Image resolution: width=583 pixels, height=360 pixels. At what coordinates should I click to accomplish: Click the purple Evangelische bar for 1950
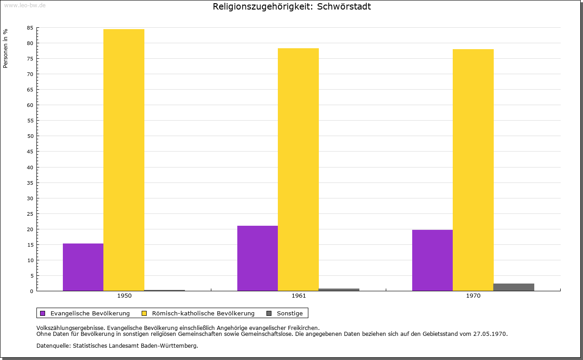(x=83, y=267)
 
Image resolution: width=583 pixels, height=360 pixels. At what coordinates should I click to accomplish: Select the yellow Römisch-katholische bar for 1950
(x=124, y=160)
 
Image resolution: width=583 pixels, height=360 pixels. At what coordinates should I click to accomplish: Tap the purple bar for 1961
(x=257, y=258)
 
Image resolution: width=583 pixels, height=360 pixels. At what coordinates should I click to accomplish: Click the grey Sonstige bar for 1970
(x=514, y=287)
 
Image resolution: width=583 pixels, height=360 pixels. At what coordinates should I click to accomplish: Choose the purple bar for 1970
(x=432, y=260)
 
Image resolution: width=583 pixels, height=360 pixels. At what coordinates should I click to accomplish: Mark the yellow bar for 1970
(x=473, y=170)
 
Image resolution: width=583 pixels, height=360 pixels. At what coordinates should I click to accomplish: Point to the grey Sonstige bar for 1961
(x=339, y=289)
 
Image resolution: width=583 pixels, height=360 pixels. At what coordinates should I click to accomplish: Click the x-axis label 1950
(x=124, y=296)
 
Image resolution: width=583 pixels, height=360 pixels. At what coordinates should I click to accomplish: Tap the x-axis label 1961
(x=299, y=296)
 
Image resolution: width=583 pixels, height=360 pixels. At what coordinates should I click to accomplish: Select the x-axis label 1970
(x=473, y=296)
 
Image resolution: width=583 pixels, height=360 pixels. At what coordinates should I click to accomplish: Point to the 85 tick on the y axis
(x=30, y=28)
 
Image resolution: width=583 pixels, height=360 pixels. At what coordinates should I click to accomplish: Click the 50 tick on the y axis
(x=30, y=136)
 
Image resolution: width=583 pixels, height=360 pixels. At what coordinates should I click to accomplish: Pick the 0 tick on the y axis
(x=32, y=291)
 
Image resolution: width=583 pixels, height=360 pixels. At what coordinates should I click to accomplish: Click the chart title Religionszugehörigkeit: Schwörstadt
(x=291, y=7)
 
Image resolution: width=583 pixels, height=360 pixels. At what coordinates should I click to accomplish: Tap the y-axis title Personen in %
(x=5, y=48)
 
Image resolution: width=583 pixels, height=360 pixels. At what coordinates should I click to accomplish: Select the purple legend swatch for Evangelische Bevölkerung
(x=43, y=313)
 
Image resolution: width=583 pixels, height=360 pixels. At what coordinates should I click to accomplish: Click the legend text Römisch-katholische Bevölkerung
(x=203, y=313)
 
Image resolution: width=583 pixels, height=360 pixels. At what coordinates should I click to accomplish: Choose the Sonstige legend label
(x=290, y=313)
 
